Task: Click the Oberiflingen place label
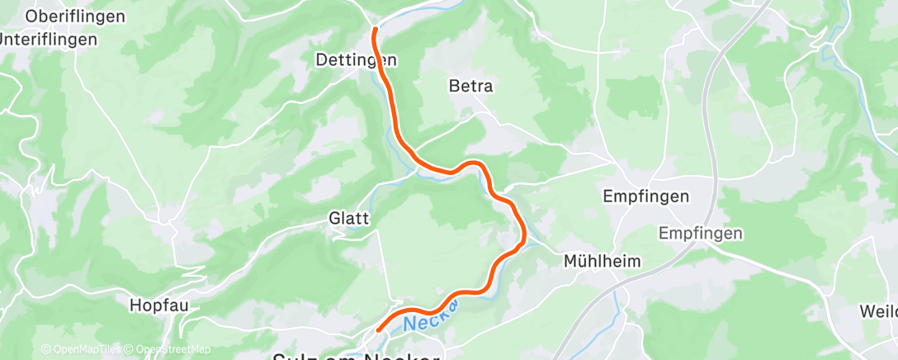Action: pyautogui.click(x=75, y=17)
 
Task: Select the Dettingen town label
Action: pyautogui.click(x=357, y=60)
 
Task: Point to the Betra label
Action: pyautogui.click(x=470, y=86)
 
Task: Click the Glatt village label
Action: pyautogui.click(x=349, y=219)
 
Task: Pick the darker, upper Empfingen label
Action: pyautogui.click(x=646, y=197)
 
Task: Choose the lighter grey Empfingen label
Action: pyautogui.click(x=701, y=234)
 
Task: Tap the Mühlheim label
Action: pyautogui.click(x=603, y=262)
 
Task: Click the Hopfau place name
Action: pyautogui.click(x=159, y=306)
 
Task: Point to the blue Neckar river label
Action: pyautogui.click(x=431, y=315)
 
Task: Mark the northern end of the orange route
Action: pyautogui.click(x=376, y=31)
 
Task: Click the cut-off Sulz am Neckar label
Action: pyautogui.click(x=357, y=357)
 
